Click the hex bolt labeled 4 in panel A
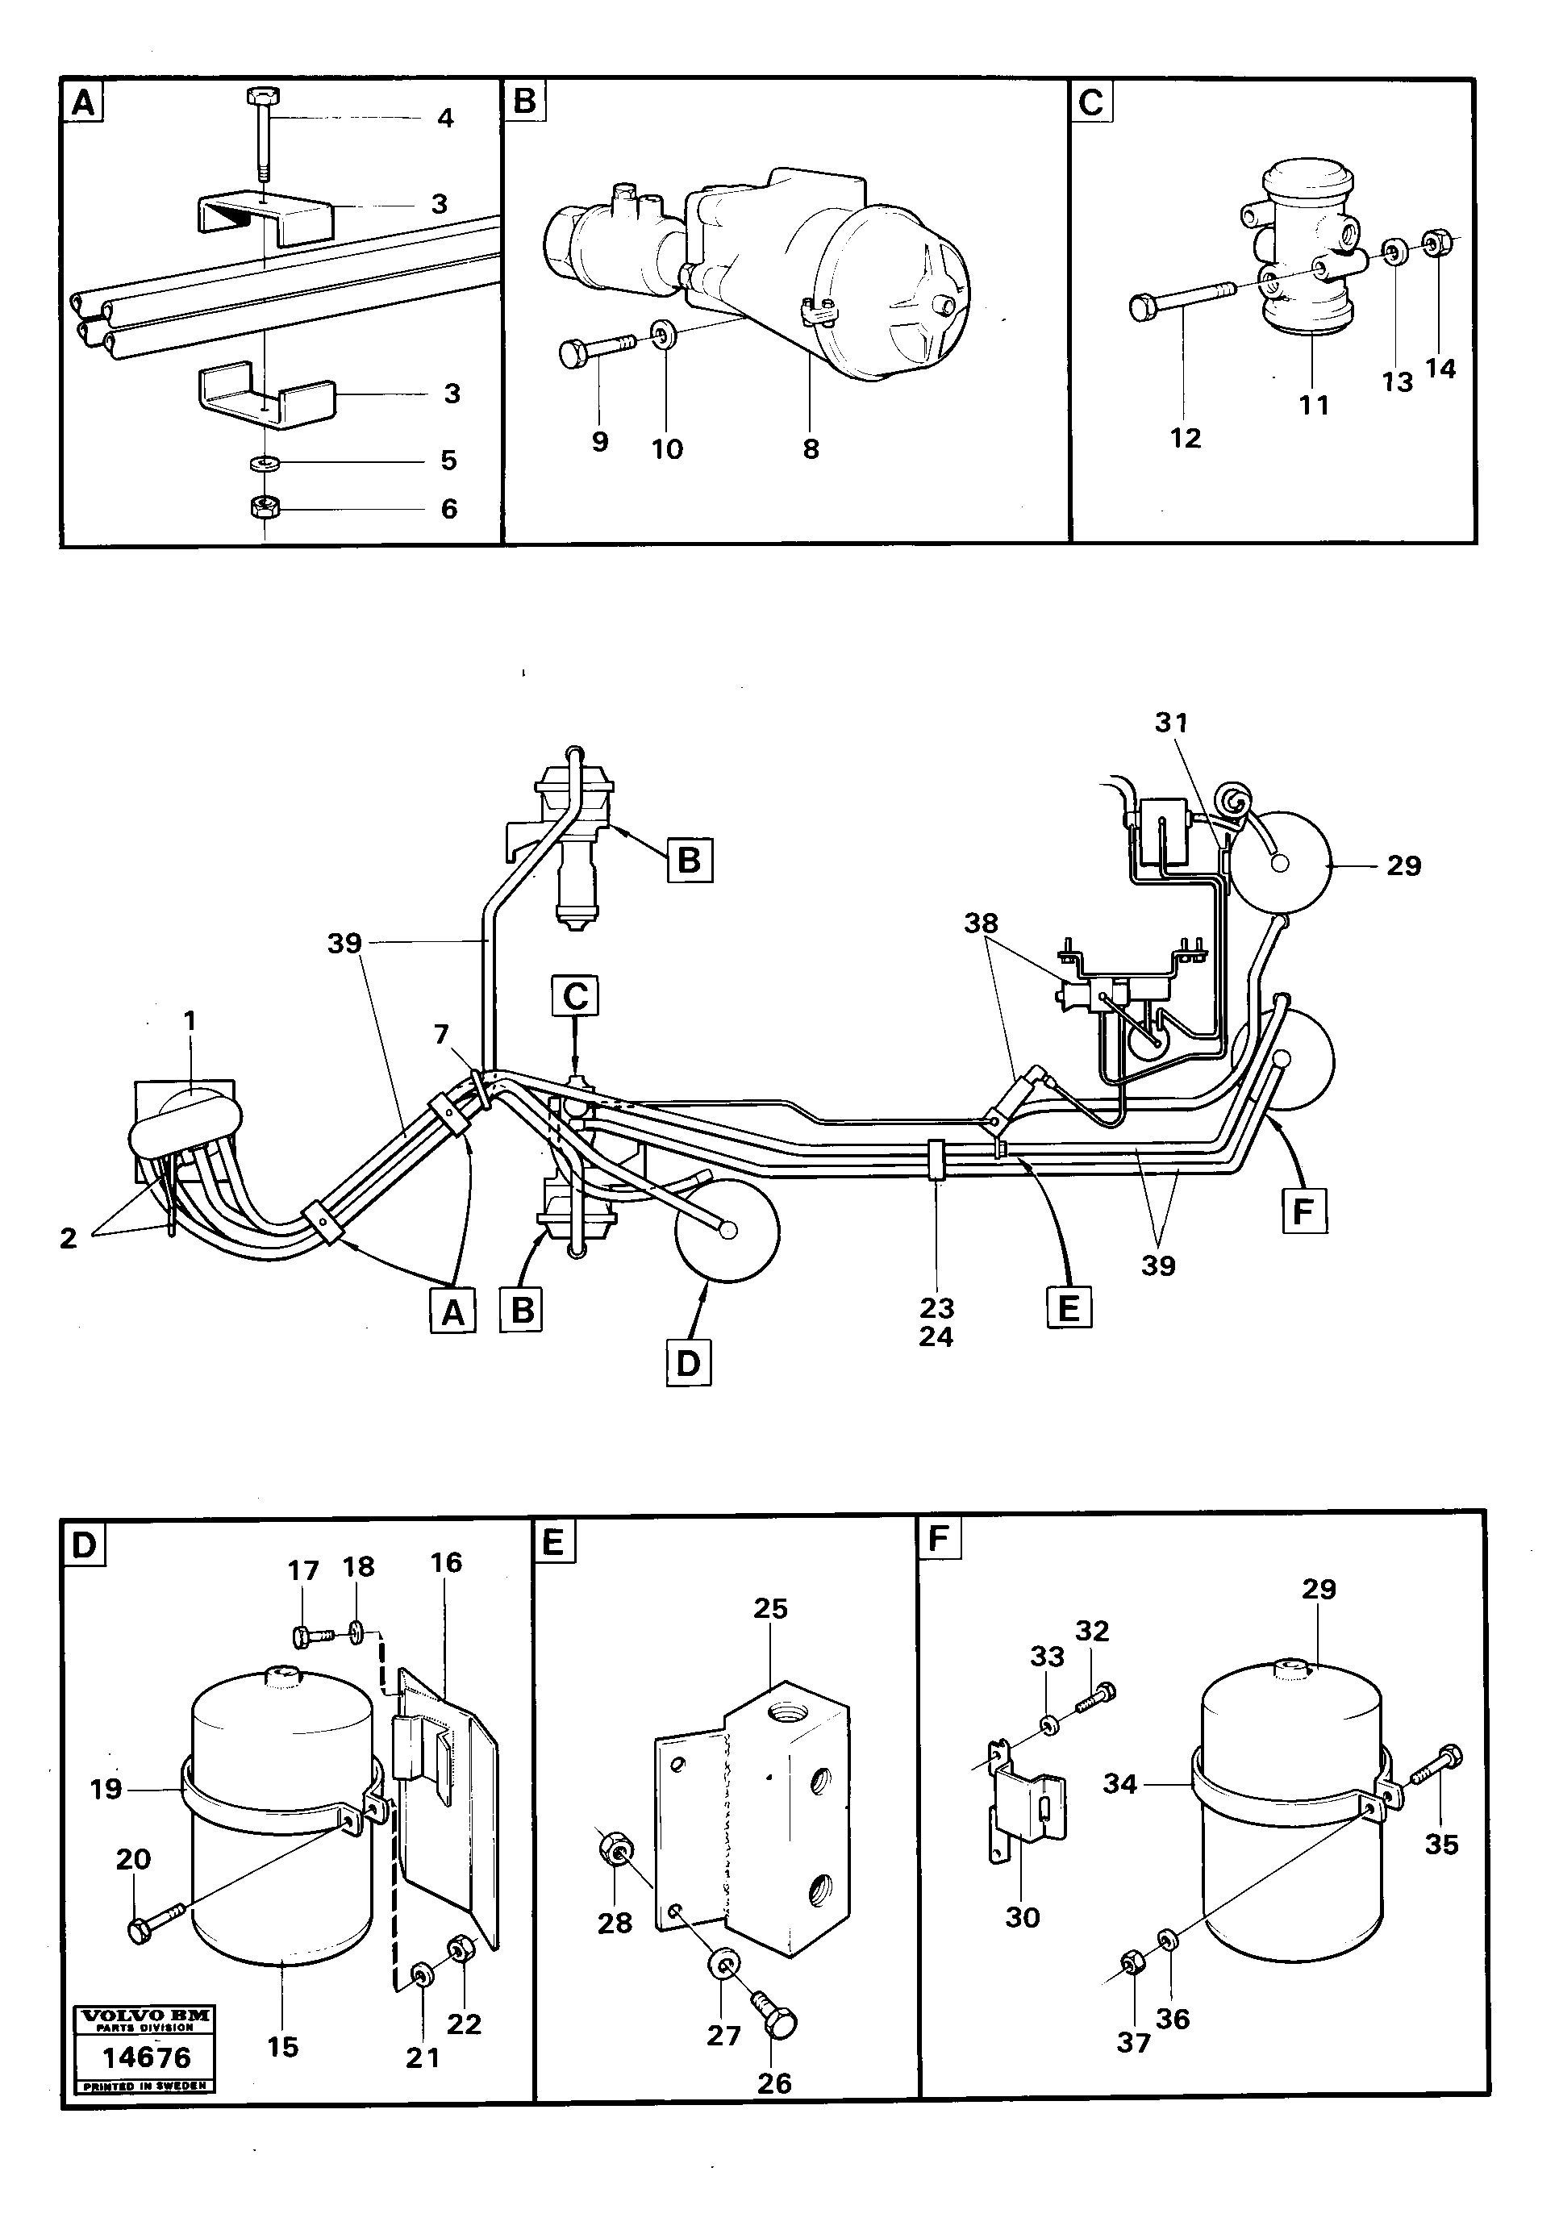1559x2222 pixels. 263,131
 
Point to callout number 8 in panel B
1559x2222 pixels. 811,449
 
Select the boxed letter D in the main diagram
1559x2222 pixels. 688,1364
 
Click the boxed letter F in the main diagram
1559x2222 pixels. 1303,1211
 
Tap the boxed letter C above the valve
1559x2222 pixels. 576,996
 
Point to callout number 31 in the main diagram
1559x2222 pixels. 1171,722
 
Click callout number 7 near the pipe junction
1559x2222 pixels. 441,1035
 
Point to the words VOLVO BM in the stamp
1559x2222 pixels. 145,2017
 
